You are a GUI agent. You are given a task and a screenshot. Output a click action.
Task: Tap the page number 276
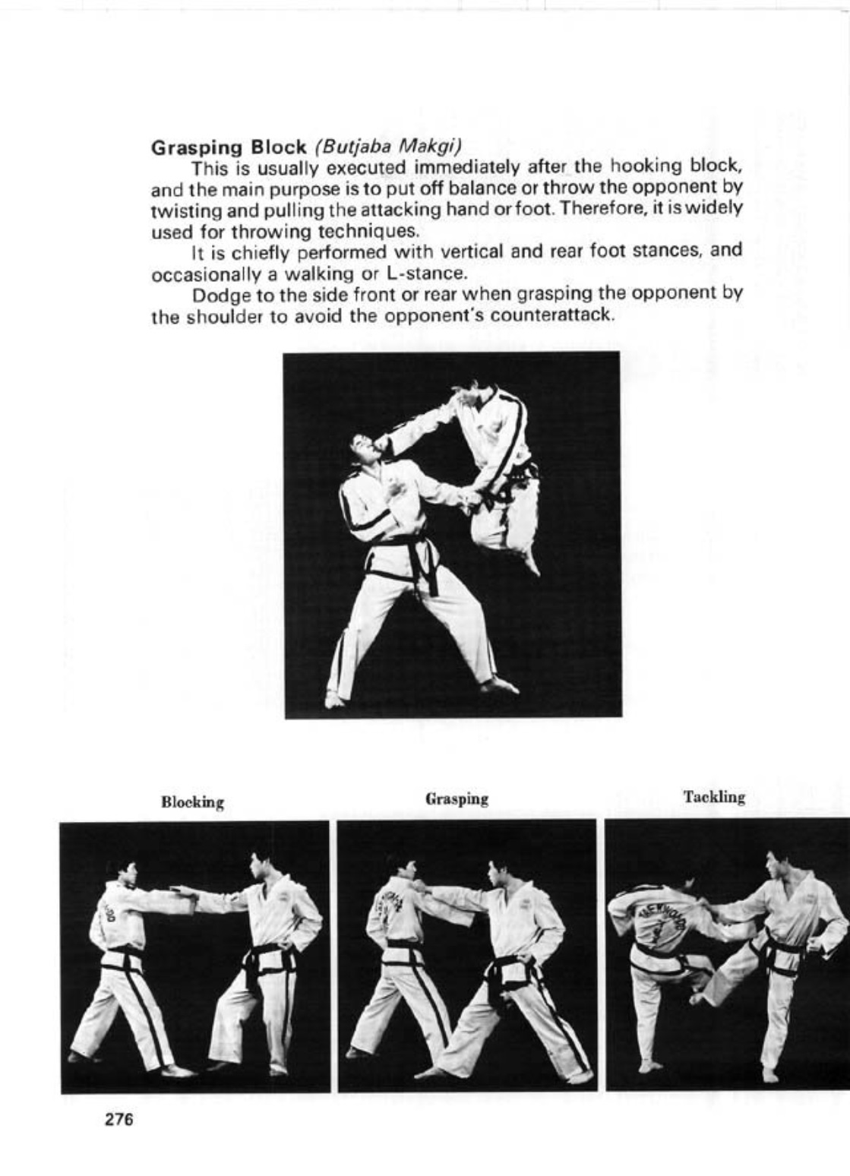coord(119,1119)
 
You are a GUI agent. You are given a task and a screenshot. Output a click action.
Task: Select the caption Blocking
coord(192,802)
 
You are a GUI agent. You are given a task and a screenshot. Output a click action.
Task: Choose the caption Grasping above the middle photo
coord(457,799)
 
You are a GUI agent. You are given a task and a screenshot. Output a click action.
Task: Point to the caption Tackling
coord(714,797)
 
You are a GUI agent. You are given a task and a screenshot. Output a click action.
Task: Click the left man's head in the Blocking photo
coord(125,871)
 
